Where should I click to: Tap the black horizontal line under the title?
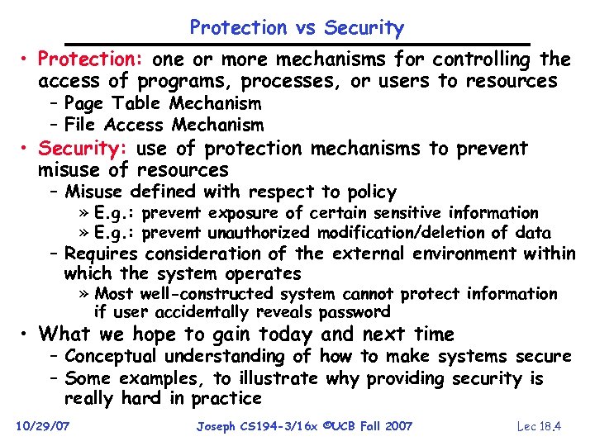pyautogui.click(x=297, y=44)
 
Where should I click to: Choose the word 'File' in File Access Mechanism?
pyautogui.click(x=83, y=126)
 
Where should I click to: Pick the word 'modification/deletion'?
pyautogui.click(x=393, y=233)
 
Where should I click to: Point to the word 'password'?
pyautogui.click(x=356, y=312)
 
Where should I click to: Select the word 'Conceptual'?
pyautogui.click(x=112, y=357)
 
